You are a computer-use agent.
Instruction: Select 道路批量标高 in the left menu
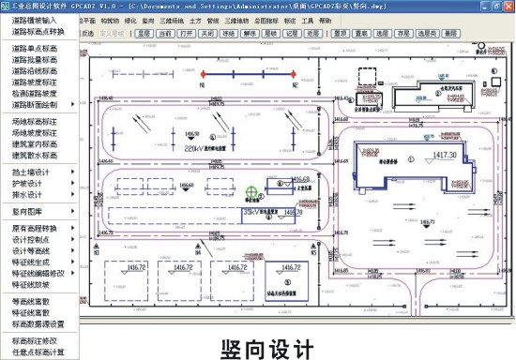pyautogui.click(x=35, y=58)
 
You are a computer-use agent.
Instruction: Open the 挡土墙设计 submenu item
pyautogui.click(x=32, y=172)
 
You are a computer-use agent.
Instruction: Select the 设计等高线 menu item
pyautogui.click(x=32, y=250)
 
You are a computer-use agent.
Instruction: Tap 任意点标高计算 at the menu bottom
pyautogui.click(x=38, y=352)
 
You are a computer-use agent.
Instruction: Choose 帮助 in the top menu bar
pyautogui.click(x=325, y=19)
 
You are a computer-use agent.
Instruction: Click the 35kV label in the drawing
pyautogui.click(x=252, y=213)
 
